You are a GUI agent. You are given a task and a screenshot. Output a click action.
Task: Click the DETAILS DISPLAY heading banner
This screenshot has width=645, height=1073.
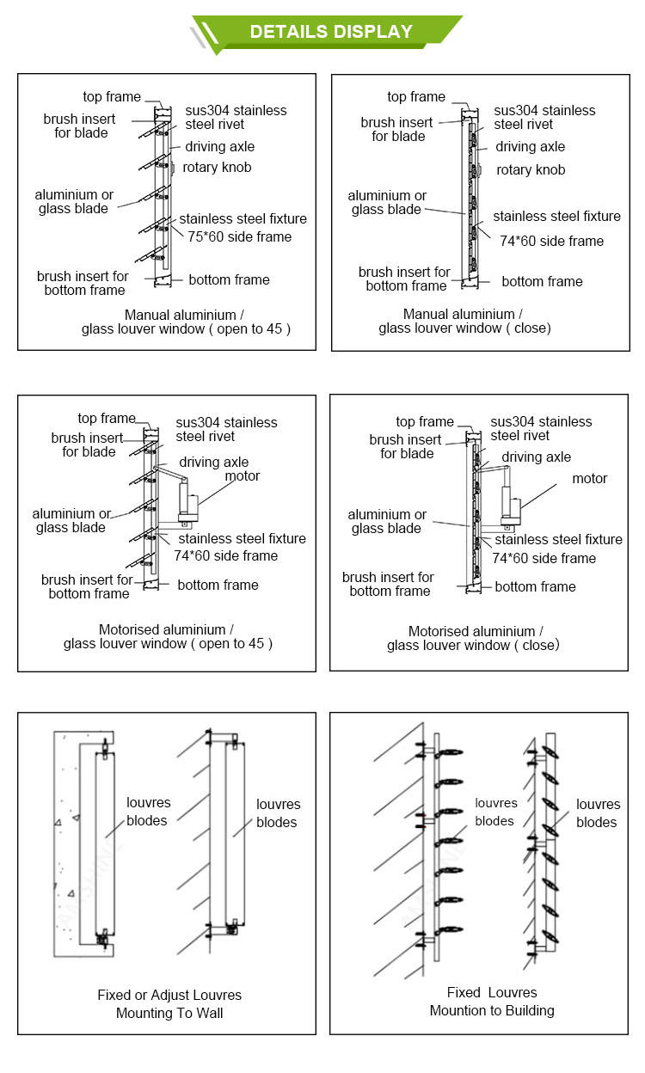pos(330,32)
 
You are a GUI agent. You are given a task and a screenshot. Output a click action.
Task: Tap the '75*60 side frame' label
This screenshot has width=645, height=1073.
pos(240,236)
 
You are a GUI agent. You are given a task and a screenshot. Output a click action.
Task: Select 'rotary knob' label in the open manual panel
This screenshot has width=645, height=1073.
pos(217,168)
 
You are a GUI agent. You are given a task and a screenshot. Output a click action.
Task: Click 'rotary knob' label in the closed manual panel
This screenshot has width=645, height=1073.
pos(531,169)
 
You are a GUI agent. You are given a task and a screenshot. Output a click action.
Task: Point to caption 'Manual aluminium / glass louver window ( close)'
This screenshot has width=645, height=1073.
pos(464,321)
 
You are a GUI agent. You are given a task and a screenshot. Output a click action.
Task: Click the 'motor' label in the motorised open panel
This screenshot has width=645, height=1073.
pos(242,475)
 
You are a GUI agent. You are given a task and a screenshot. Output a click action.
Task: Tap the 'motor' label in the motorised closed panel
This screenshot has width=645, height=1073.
pos(589,478)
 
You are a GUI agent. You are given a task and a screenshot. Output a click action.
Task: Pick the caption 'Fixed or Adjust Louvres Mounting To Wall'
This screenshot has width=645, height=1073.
pos(169,1003)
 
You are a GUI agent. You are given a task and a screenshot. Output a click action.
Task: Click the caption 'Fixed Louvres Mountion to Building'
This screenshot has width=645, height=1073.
pos(492,1001)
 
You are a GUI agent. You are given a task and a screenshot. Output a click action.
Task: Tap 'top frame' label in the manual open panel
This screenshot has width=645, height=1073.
pos(112,96)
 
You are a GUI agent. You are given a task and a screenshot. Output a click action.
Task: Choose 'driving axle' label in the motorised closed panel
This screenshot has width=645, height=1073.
pos(536,457)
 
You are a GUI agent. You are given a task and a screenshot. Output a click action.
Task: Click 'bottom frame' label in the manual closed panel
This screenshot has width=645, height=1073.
pos(542,281)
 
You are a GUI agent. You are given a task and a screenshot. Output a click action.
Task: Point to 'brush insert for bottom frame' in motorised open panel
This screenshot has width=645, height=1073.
pos(88,586)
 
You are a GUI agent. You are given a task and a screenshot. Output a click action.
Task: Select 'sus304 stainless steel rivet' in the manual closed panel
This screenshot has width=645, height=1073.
pos(544,117)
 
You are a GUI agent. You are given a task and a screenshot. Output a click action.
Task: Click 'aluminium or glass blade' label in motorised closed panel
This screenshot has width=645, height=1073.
pos(386,521)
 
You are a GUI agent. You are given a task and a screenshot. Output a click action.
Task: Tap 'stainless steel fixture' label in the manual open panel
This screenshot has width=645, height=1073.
pos(243,219)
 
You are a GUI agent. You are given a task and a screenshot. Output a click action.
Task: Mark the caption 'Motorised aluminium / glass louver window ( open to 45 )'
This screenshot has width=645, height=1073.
pos(167,636)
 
